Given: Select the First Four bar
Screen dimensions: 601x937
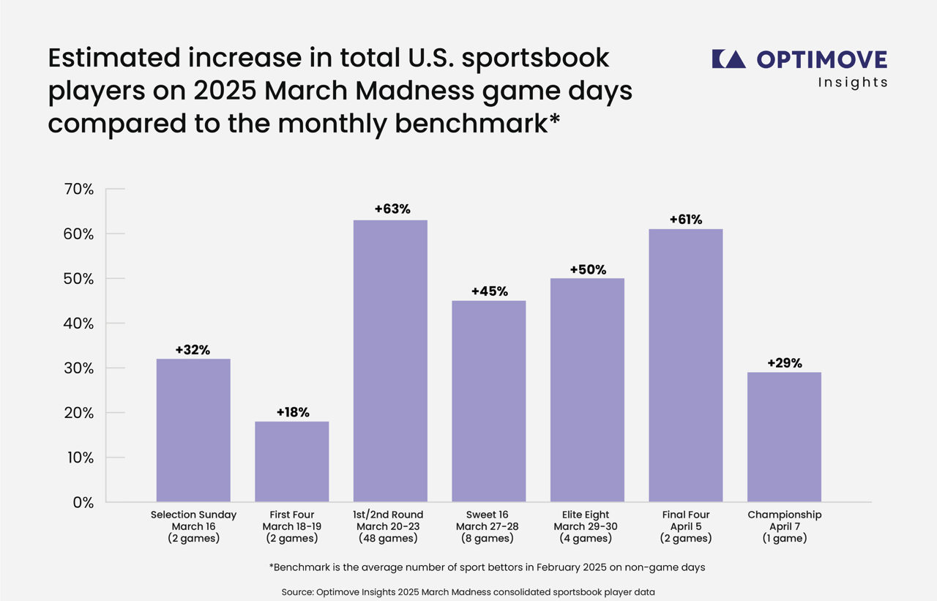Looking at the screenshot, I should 291,462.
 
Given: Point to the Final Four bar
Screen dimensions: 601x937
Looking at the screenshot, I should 685,365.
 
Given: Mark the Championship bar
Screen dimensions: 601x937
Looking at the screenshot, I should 784,437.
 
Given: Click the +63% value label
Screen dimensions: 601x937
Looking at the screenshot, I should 390,209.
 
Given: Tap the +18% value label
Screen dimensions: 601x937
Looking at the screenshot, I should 291,412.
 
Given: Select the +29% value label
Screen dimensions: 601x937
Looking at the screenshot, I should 784,362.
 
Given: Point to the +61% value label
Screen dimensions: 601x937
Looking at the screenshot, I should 685,219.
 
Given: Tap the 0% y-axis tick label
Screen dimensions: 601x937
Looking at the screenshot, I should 83,502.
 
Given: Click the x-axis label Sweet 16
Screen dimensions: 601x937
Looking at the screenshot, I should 488,515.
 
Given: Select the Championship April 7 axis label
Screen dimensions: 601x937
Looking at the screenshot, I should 784,526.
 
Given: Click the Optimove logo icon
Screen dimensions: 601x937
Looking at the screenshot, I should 728,59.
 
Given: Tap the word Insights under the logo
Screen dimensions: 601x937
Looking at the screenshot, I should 853,82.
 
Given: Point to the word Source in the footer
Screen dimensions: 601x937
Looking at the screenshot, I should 298,591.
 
